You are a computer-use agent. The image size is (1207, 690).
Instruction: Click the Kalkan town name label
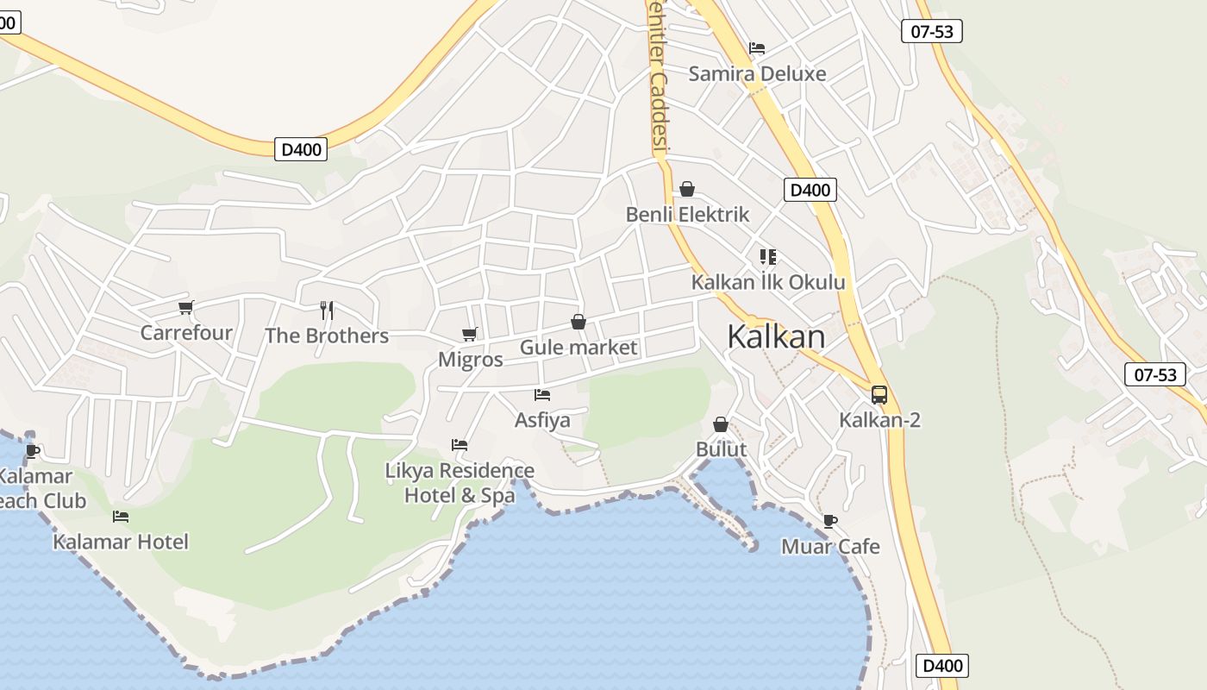pyautogui.click(x=776, y=336)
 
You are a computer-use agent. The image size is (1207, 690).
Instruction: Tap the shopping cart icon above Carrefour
pyautogui.click(x=185, y=307)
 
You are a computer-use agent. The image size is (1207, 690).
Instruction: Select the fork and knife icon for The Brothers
pyautogui.click(x=327, y=310)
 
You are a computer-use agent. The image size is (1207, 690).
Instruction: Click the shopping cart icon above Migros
pyautogui.click(x=469, y=334)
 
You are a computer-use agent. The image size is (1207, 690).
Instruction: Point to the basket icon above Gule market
pyautogui.click(x=578, y=322)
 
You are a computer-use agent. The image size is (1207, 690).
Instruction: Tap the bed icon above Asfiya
pyautogui.click(x=542, y=395)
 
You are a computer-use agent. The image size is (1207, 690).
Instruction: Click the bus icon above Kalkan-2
pyautogui.click(x=879, y=395)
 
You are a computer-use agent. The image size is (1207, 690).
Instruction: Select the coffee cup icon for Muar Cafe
pyautogui.click(x=829, y=521)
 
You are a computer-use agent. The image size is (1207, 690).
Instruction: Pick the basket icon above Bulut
pyautogui.click(x=721, y=424)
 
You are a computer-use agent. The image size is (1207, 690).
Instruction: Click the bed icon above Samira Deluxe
pyautogui.click(x=757, y=48)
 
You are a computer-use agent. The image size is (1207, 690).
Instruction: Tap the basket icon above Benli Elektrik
pyautogui.click(x=687, y=189)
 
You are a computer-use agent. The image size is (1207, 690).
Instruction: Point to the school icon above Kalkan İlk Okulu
pyautogui.click(x=767, y=256)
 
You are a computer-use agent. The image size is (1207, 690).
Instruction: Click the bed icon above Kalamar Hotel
pyautogui.click(x=121, y=517)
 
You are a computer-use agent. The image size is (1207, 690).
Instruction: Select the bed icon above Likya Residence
pyautogui.click(x=460, y=445)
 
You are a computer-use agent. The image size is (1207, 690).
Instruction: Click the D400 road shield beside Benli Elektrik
pyautogui.click(x=810, y=190)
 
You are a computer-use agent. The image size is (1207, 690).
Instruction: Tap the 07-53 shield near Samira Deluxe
pyautogui.click(x=932, y=32)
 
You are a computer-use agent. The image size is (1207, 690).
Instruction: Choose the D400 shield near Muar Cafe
pyautogui.click(x=942, y=666)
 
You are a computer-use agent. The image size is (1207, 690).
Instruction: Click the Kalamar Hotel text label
pyautogui.click(x=121, y=542)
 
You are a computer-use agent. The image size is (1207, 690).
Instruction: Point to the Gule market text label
pyautogui.click(x=578, y=348)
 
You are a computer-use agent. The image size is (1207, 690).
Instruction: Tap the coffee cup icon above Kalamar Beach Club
pyautogui.click(x=33, y=450)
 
